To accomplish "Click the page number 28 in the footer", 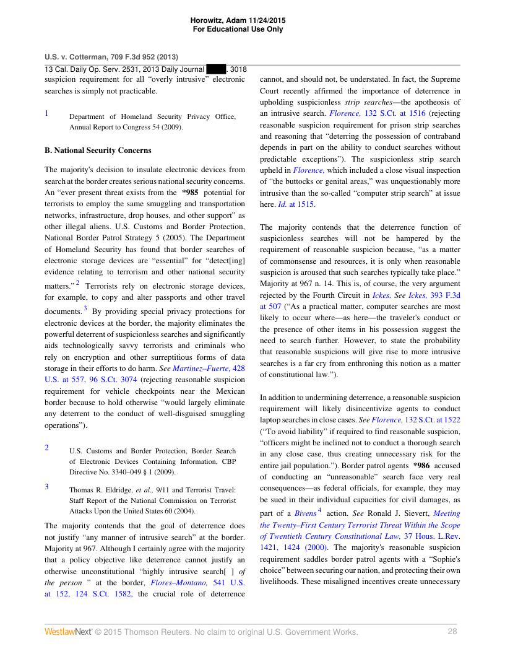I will (x=452, y=632).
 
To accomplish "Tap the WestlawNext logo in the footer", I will (x=67, y=632).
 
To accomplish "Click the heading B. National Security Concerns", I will (x=98, y=150).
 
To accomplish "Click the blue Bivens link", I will (x=304, y=513).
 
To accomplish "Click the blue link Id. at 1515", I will (x=297, y=204).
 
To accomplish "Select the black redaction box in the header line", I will (x=216, y=70).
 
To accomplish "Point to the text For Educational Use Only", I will (x=238, y=29).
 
